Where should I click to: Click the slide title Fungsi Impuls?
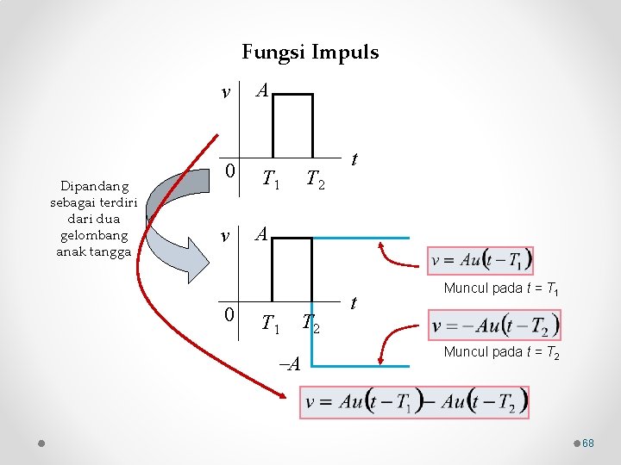coord(310,53)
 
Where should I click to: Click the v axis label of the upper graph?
coord(226,92)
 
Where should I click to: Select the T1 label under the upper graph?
coord(272,179)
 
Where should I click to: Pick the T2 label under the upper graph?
coord(316,179)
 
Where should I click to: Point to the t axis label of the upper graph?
coord(355,161)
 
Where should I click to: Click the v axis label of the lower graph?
coord(226,235)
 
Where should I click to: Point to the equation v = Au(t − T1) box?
coord(481,259)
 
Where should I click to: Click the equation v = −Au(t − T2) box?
coord(495,325)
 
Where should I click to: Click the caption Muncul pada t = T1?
coord(501,288)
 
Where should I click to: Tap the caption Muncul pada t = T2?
coord(501,352)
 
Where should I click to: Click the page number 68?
coord(588,443)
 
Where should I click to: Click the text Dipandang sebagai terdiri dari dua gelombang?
coord(90,219)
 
